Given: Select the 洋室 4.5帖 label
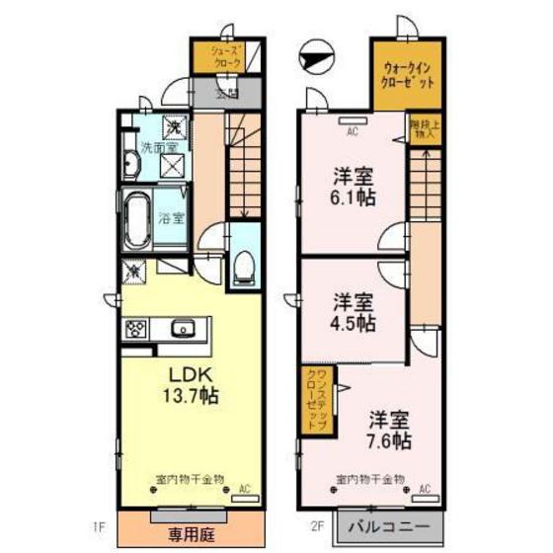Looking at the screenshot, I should pos(353,312).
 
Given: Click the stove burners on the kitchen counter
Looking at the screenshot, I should pos(135,330).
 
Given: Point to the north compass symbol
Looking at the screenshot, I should pos(315,58).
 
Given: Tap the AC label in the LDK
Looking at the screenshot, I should pos(245,488).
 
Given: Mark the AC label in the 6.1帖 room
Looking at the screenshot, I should pos(352,127).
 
